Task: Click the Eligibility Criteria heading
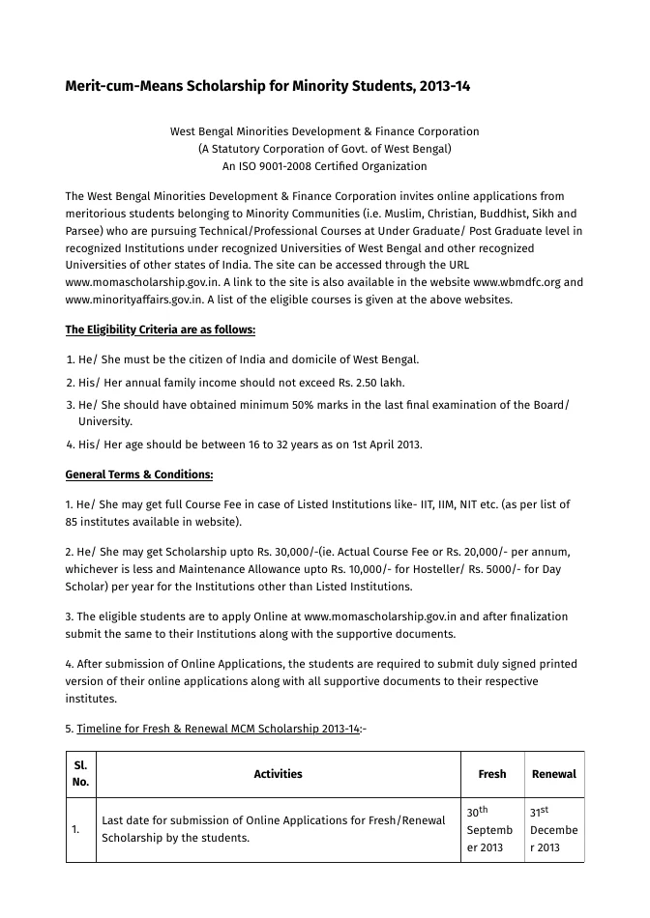coord(160,330)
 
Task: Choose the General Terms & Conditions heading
coord(138,474)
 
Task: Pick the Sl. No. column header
coord(80,773)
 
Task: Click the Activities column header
coord(278,774)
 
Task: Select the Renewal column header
coord(553,774)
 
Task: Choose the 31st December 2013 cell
coord(553,829)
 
